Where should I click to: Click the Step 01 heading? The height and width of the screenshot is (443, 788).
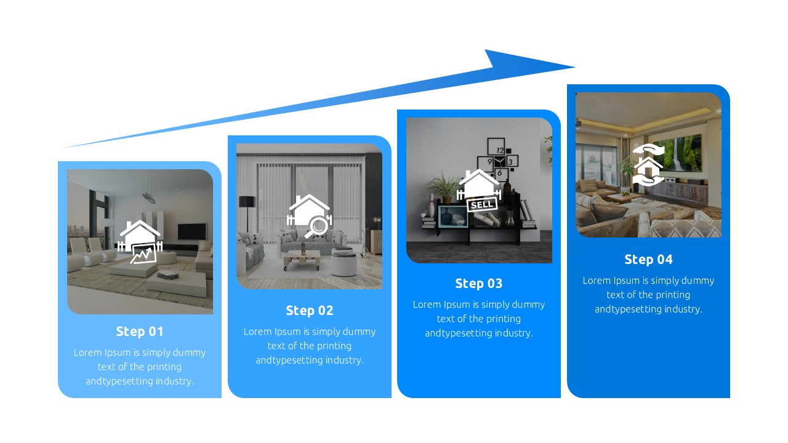pyautogui.click(x=140, y=332)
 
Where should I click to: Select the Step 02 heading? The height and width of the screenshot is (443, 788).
pyautogui.click(x=309, y=311)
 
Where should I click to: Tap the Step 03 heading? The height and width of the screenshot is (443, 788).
pyautogui.click(x=478, y=284)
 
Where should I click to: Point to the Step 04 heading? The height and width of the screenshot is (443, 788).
pyautogui.click(x=648, y=260)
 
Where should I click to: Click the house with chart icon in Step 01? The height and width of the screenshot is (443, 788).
pyautogui.click(x=140, y=242)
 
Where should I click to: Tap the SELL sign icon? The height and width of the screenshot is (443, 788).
pyautogui.click(x=480, y=204)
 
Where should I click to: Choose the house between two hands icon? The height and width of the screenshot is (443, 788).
pyautogui.click(x=648, y=164)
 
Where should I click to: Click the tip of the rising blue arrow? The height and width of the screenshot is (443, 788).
pyautogui.click(x=574, y=66)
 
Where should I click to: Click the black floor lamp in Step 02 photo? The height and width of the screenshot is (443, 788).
pyautogui.click(x=247, y=209)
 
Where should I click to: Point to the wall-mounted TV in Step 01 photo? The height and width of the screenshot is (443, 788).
pyautogui.click(x=191, y=231)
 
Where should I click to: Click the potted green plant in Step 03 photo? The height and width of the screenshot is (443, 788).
pyautogui.click(x=444, y=186)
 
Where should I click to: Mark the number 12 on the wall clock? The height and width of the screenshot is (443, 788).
pyautogui.click(x=499, y=150)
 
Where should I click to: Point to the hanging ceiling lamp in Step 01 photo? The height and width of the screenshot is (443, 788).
pyautogui.click(x=149, y=196)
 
